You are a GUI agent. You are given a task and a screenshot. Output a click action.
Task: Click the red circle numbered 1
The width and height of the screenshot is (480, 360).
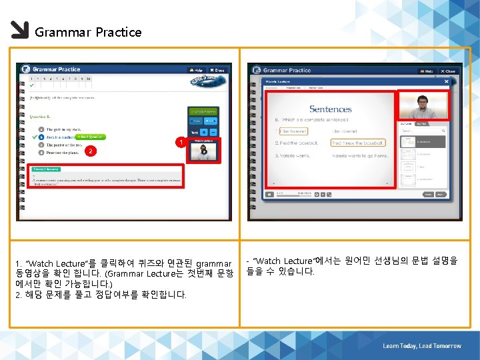pyautogui.click(x=178, y=143)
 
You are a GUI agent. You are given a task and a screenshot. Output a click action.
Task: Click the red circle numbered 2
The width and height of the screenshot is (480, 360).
pyautogui.click(x=89, y=151)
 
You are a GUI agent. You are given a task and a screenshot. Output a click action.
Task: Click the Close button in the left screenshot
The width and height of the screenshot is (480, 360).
pyautogui.click(x=218, y=69)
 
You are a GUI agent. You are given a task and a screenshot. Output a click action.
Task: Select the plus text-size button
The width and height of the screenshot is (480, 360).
pyautogui.click(x=203, y=132)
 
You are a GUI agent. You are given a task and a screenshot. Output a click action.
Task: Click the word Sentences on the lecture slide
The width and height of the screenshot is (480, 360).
pyautogui.click(x=330, y=109)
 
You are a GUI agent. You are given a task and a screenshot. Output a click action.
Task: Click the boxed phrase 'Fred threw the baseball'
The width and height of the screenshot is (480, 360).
pyautogui.click(x=357, y=143)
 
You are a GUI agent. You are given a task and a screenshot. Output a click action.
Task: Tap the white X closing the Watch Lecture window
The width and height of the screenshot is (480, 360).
pyautogui.click(x=454, y=82)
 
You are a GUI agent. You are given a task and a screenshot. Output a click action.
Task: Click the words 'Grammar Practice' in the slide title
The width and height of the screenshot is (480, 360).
pyautogui.click(x=88, y=32)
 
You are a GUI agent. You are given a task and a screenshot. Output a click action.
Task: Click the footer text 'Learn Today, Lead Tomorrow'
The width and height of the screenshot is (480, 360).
pyautogui.click(x=421, y=346)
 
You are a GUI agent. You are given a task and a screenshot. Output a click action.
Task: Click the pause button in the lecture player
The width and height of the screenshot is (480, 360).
pyautogui.click(x=269, y=195)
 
